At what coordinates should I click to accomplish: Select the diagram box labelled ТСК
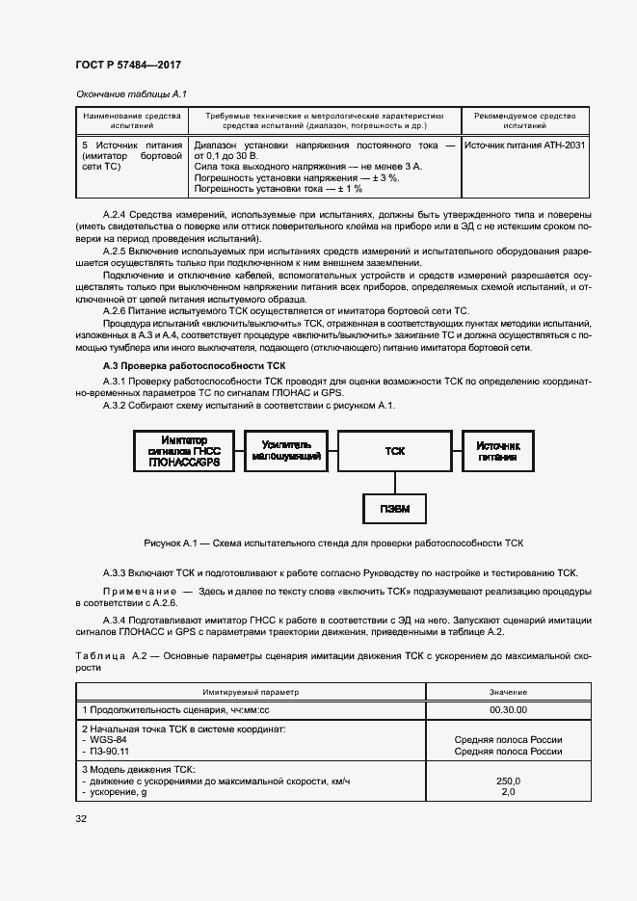click(394, 451)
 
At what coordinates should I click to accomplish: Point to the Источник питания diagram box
click(496, 451)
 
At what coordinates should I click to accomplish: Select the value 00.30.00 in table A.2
click(508, 708)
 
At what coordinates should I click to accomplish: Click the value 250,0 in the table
click(508, 781)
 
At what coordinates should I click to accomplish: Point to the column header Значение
click(508, 692)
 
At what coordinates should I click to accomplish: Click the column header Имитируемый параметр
click(251, 692)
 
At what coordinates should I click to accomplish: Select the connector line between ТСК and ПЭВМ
click(394, 480)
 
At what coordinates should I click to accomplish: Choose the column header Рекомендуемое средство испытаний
click(524, 120)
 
